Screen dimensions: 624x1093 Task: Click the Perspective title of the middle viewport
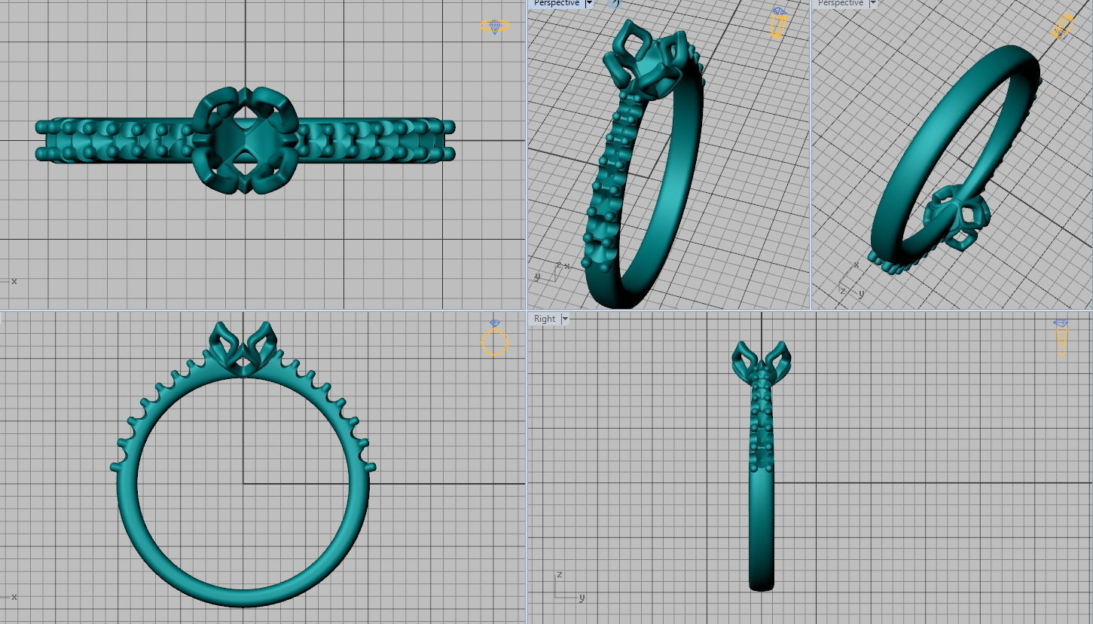(x=556, y=4)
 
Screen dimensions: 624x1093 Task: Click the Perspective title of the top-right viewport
(x=840, y=4)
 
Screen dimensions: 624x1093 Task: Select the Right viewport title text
(x=544, y=319)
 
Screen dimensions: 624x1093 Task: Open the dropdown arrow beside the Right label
(x=565, y=319)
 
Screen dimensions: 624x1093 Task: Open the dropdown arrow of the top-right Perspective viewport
(x=873, y=4)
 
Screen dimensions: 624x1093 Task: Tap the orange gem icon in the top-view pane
(x=494, y=26)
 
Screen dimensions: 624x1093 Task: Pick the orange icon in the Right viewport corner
(x=1061, y=338)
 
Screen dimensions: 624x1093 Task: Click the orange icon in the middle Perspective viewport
(x=777, y=23)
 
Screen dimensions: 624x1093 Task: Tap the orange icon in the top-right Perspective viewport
(x=1061, y=26)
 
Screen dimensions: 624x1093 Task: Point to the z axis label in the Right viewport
(x=559, y=574)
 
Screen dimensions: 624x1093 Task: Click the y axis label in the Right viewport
(x=582, y=598)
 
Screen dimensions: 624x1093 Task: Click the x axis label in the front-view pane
(x=14, y=597)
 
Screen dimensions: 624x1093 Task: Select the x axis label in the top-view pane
(x=14, y=281)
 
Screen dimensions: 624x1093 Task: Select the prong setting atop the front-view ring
(x=243, y=348)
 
